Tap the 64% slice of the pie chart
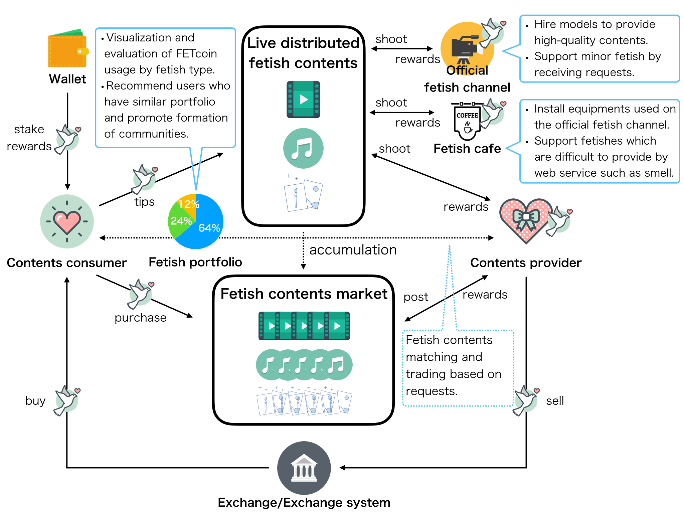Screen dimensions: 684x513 204,224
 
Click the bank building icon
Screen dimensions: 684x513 304,468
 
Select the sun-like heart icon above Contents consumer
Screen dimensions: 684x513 67,221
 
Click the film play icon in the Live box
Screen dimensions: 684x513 303,100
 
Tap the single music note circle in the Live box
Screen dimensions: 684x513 303,148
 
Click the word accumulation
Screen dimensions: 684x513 353,250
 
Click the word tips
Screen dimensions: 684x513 144,202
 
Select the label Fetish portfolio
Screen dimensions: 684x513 195,263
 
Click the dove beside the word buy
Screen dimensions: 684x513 67,400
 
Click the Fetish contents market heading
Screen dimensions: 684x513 304,294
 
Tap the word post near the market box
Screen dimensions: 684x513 416,297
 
